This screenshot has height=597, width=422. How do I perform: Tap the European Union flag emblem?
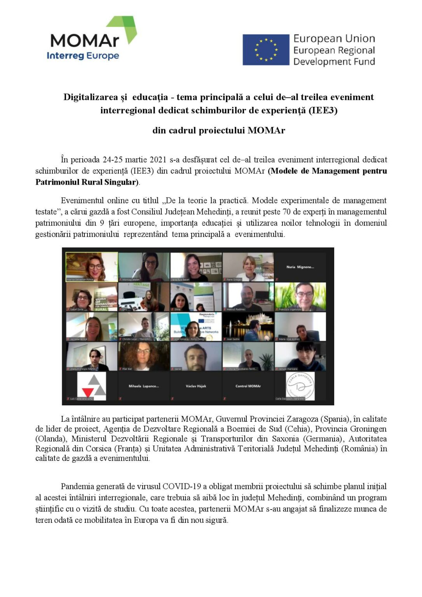266,50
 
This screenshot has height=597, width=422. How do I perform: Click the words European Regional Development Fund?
334,56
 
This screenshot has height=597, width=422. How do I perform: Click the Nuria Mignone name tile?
300,267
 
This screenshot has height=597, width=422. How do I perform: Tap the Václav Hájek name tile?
196,386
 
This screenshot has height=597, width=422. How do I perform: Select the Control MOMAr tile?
248,386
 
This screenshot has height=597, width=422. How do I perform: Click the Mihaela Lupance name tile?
144,386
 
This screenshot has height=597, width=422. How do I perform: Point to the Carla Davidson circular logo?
300,386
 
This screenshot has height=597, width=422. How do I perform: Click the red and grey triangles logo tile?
92,386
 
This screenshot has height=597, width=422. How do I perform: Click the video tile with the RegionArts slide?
196,326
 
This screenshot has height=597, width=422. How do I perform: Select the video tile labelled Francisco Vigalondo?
300,297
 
